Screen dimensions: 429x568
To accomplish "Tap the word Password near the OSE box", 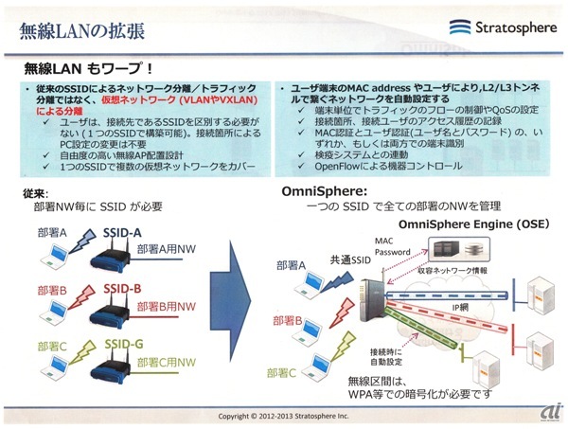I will (391, 253).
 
